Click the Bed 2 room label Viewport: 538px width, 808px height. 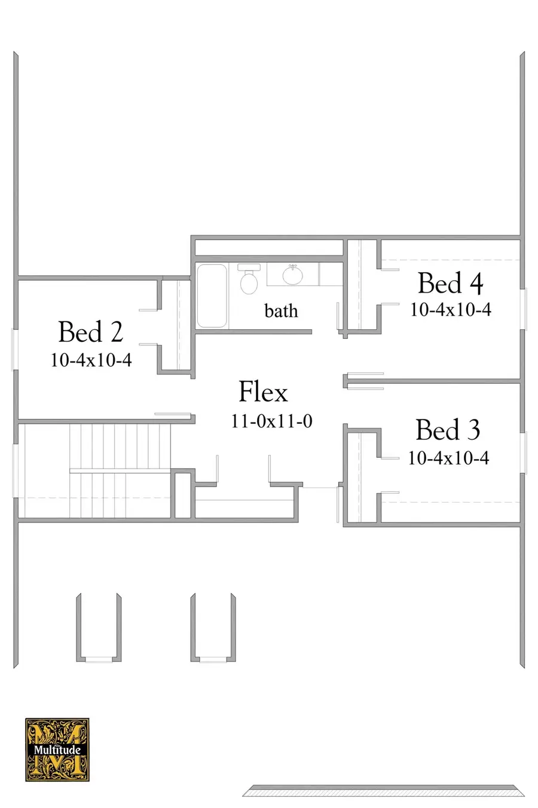[91, 332]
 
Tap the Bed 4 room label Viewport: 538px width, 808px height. [450, 283]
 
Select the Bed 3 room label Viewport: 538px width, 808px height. [448, 430]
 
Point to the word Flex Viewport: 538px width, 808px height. [263, 392]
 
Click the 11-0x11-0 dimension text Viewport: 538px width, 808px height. [271, 421]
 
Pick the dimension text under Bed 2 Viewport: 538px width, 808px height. [91, 360]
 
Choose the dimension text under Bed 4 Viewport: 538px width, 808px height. [450, 309]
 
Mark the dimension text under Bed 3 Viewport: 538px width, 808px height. [448, 458]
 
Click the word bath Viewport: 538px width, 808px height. [281, 311]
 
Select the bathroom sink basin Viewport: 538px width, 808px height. [292, 275]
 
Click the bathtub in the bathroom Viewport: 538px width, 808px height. [212, 296]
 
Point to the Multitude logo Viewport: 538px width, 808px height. [57, 749]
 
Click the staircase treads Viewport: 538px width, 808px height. [120, 470]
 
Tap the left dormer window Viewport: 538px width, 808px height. [98, 659]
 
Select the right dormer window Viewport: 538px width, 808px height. [213, 659]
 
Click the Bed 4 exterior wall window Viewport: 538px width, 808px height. [523, 309]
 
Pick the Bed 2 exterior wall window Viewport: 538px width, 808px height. [15, 350]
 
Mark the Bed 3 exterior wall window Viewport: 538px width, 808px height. [523, 452]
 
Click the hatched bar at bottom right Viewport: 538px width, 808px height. [383, 791]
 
